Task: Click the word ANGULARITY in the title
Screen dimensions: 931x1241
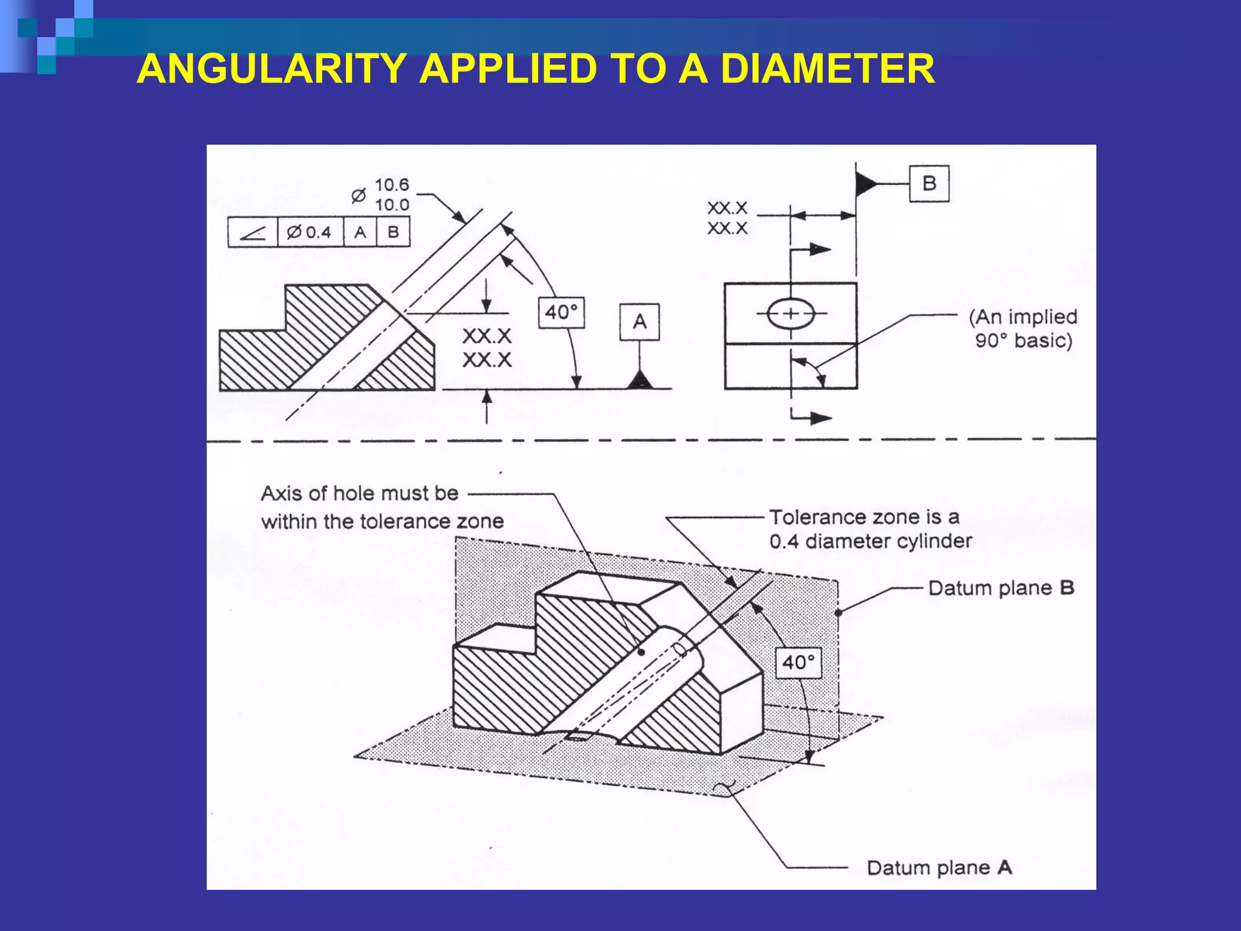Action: pyautogui.click(x=271, y=68)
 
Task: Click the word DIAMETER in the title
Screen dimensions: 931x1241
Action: pyautogui.click(x=827, y=68)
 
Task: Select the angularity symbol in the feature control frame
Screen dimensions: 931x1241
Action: pyautogui.click(x=253, y=232)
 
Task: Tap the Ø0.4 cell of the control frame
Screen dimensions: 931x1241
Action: pyautogui.click(x=310, y=232)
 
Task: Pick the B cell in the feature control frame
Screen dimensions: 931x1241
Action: pyautogui.click(x=393, y=232)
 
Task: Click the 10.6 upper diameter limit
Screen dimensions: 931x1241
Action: pyautogui.click(x=391, y=185)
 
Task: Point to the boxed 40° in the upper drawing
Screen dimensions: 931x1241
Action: pyautogui.click(x=562, y=312)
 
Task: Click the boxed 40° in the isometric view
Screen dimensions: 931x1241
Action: pyautogui.click(x=799, y=662)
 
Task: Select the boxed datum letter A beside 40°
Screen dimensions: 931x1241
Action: pyautogui.click(x=639, y=322)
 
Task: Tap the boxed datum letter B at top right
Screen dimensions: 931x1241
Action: pyautogui.click(x=929, y=183)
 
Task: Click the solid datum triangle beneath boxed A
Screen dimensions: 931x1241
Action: pyautogui.click(x=640, y=381)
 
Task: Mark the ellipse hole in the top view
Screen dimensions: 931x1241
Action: pyautogui.click(x=790, y=313)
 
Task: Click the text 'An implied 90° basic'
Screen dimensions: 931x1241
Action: pyautogui.click(x=1023, y=329)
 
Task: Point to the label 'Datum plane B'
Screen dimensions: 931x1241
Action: pyautogui.click(x=1001, y=588)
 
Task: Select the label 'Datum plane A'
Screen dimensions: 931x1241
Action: pyautogui.click(x=939, y=867)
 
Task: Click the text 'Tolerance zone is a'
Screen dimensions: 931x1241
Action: pyautogui.click(x=864, y=517)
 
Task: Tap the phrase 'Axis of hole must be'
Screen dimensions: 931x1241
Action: pyautogui.click(x=359, y=493)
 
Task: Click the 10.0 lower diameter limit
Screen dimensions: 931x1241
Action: pyautogui.click(x=391, y=205)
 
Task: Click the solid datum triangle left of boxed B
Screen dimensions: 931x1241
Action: pyautogui.click(x=865, y=183)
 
